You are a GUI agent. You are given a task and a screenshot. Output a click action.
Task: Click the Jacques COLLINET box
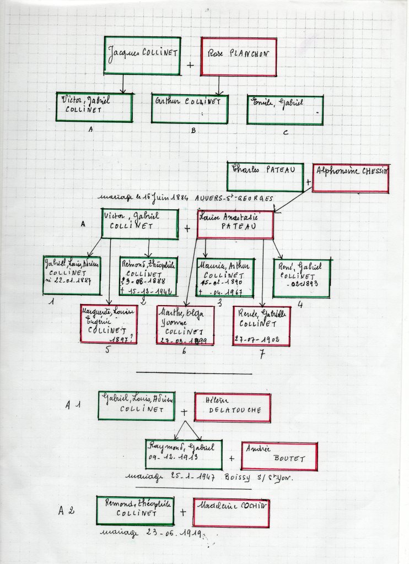(x=143, y=56)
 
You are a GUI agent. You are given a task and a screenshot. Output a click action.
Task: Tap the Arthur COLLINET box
(x=190, y=109)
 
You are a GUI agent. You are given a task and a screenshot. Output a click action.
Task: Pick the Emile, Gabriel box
(x=284, y=110)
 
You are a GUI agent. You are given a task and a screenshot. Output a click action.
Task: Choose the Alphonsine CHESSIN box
(x=351, y=178)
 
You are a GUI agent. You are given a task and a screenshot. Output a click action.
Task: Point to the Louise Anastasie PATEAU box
(x=235, y=225)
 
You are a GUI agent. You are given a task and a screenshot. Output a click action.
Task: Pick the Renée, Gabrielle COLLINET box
(x=261, y=326)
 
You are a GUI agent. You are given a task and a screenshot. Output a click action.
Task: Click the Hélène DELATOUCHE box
(x=232, y=407)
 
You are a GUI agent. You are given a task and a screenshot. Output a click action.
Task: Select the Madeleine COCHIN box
(x=231, y=512)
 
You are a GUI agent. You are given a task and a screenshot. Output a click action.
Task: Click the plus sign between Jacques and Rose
(x=191, y=65)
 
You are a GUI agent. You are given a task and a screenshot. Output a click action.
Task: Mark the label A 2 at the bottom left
(x=66, y=511)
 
